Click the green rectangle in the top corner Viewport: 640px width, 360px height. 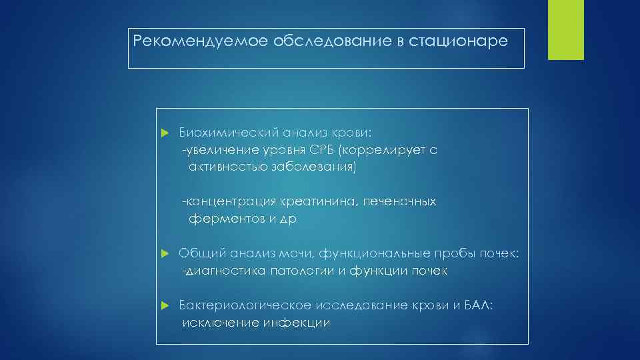click(x=565, y=30)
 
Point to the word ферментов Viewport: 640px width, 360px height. click(x=223, y=219)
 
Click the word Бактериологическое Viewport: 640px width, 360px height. click(x=245, y=305)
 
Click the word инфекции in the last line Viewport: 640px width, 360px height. click(x=297, y=323)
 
